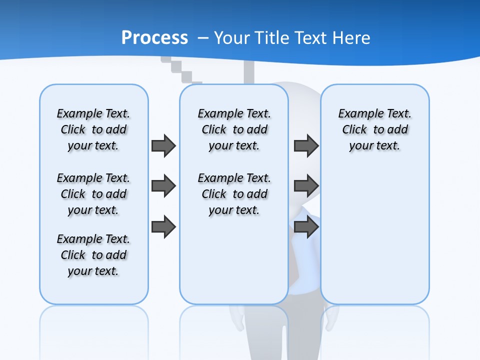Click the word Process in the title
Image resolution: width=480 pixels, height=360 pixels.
tap(154, 37)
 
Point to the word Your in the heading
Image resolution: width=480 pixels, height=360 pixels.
tap(232, 38)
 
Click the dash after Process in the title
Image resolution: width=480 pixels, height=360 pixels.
tap(203, 38)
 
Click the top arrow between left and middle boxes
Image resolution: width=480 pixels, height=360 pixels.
tap(163, 146)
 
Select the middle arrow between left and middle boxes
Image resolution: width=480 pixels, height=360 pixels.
tap(163, 186)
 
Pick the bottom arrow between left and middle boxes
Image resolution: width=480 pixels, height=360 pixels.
tap(163, 227)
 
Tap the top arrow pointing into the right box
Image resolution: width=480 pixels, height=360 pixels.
tap(306, 146)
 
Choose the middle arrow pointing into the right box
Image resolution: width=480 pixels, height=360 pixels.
tap(306, 186)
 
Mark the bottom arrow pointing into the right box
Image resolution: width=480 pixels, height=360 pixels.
tap(306, 227)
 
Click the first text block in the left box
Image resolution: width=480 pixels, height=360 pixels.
tap(93, 129)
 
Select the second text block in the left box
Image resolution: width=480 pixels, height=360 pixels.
tap(93, 194)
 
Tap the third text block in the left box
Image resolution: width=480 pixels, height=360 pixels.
tap(93, 255)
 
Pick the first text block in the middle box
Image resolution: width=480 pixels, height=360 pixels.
tap(234, 129)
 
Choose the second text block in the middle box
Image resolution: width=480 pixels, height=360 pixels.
tap(234, 194)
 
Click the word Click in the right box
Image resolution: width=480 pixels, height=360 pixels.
tap(354, 129)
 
